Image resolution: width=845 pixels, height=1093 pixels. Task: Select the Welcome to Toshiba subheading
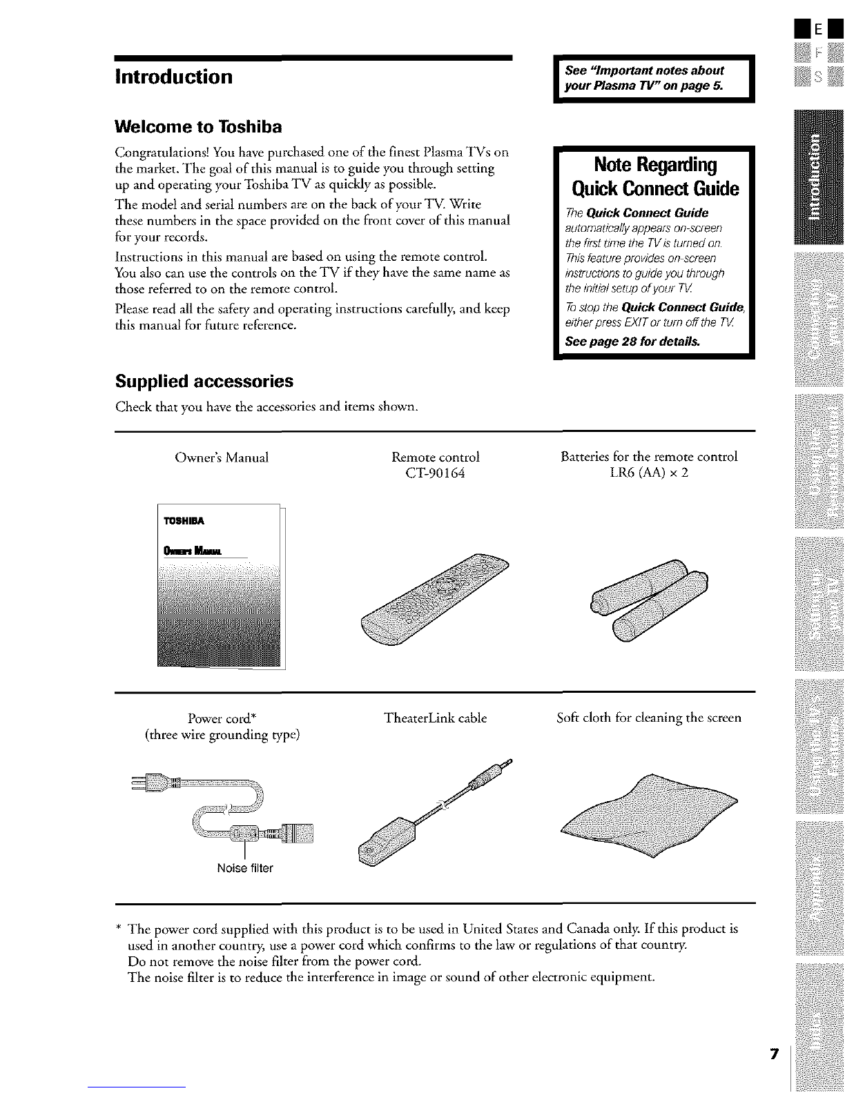[x=199, y=127]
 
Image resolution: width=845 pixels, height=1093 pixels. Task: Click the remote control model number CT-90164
[x=435, y=473]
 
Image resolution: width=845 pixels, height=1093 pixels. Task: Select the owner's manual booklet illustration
[x=220, y=587]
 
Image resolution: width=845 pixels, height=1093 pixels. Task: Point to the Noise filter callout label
[x=245, y=868]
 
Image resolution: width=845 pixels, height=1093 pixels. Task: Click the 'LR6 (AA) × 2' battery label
[x=649, y=473]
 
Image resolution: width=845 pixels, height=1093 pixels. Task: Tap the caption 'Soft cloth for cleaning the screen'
[x=649, y=718]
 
